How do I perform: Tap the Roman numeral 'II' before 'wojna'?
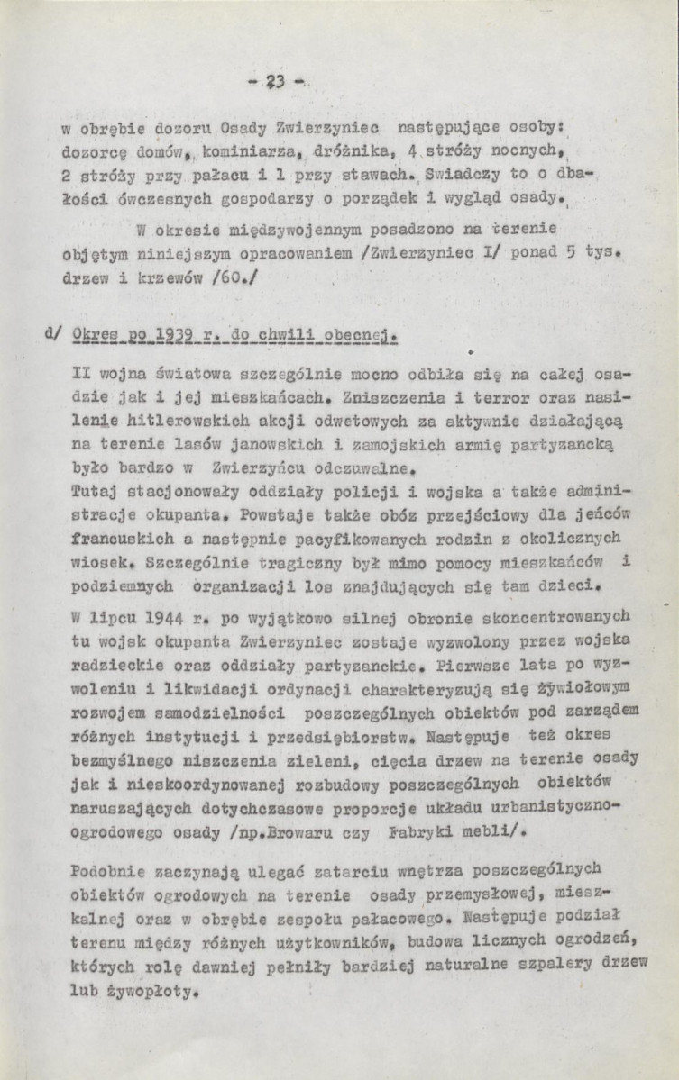tap(79, 370)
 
